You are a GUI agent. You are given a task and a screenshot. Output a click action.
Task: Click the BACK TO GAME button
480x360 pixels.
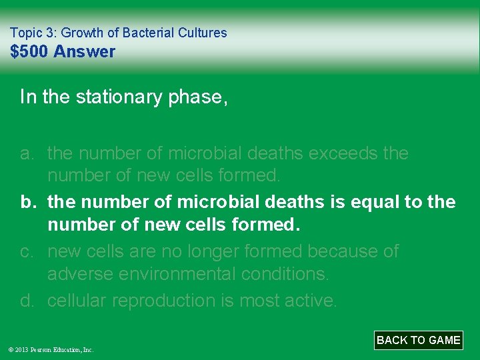[x=418, y=340]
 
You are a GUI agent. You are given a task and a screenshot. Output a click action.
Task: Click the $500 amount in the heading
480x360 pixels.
[x=29, y=52]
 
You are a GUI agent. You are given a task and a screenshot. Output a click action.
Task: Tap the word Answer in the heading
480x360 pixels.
[x=84, y=52]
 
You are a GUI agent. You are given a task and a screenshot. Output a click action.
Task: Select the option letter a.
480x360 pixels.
[x=27, y=153]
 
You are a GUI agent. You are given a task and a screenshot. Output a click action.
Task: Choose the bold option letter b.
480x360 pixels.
[x=27, y=202]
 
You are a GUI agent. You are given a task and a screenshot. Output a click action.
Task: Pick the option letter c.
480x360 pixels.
[x=27, y=251]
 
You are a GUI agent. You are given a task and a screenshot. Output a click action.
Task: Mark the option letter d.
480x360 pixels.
[x=27, y=301]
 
